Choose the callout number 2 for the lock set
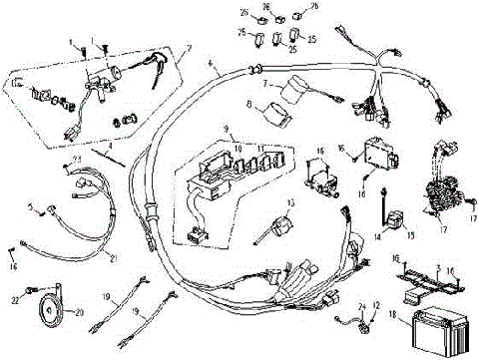point(189,48)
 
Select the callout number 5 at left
point(31,207)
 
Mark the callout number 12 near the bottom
point(375,305)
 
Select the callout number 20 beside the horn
point(80,311)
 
